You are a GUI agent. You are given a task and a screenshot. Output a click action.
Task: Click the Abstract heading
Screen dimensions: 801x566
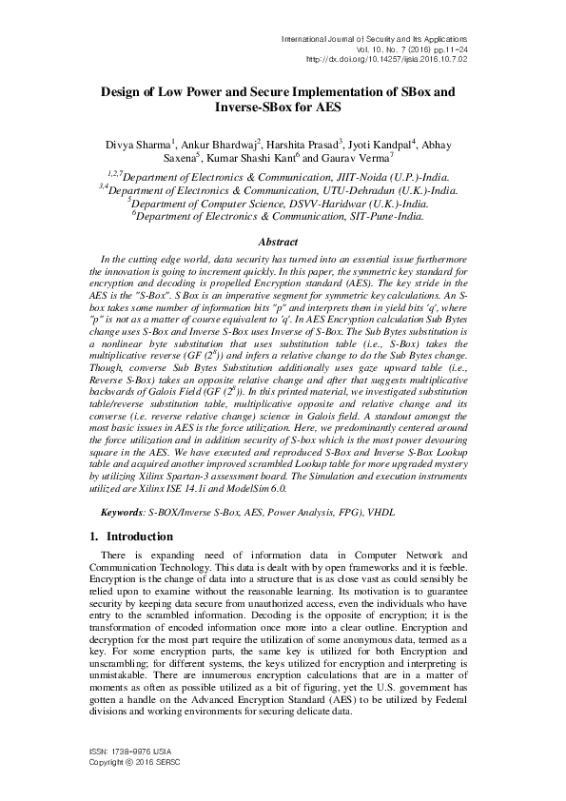tap(283, 243)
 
